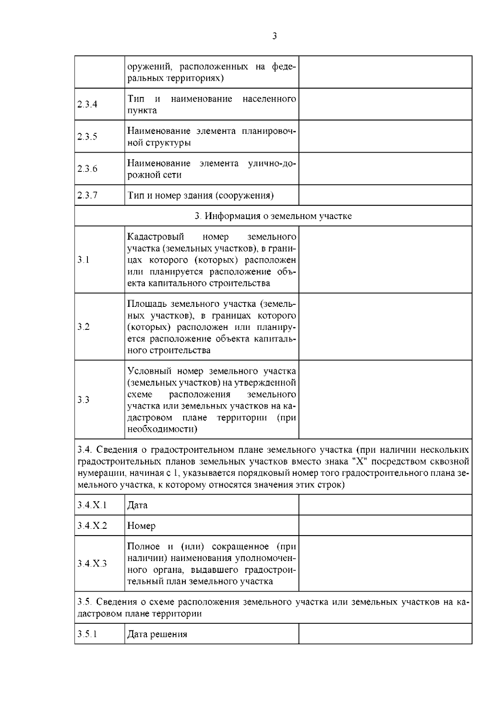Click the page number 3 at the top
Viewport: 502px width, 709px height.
tap(274, 36)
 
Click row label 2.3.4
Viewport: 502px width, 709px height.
tap(87, 105)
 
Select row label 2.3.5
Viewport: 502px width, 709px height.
tap(87, 137)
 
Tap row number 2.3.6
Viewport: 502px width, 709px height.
tap(87, 169)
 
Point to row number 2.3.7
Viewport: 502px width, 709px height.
tap(87, 195)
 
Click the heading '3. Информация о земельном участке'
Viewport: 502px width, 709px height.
tap(273, 216)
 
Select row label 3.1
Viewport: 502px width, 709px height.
tap(83, 260)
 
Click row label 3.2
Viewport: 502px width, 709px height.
tap(83, 327)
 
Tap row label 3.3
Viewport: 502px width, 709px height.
tap(83, 400)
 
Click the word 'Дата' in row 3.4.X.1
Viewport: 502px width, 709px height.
tap(137, 505)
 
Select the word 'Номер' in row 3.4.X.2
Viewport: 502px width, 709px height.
tap(141, 526)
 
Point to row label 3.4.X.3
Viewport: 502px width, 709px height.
tap(92, 564)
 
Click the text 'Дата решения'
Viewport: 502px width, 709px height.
tap(157, 634)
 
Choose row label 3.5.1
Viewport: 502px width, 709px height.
tap(87, 634)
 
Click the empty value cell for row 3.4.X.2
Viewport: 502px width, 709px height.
tap(385, 525)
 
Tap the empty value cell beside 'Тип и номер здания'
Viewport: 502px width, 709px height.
tap(385, 195)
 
